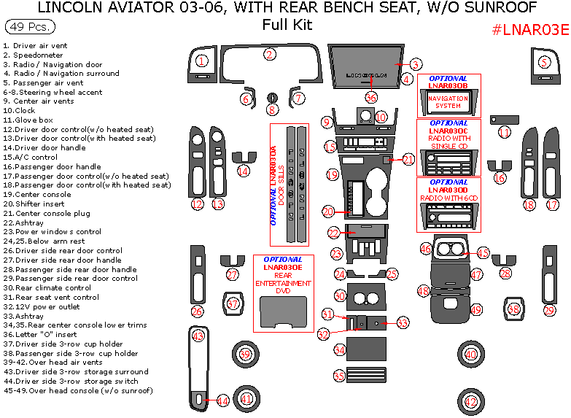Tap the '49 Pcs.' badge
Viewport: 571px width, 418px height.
click(28, 27)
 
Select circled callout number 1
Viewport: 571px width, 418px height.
click(202, 61)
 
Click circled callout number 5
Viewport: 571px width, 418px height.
click(544, 62)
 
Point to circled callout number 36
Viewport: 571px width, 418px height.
click(371, 98)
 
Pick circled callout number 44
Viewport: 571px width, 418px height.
click(222, 400)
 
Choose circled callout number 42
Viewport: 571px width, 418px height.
click(471, 401)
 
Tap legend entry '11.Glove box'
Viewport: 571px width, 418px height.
click(28, 120)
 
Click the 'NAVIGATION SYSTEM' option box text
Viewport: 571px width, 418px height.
click(448, 102)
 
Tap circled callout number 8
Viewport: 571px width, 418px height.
click(272, 110)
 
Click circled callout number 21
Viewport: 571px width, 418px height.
click(408, 159)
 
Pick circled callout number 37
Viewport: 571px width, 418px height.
click(233, 303)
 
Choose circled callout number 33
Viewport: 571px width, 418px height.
click(403, 322)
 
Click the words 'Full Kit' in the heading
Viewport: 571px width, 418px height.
click(287, 25)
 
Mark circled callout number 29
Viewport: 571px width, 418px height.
click(549, 311)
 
